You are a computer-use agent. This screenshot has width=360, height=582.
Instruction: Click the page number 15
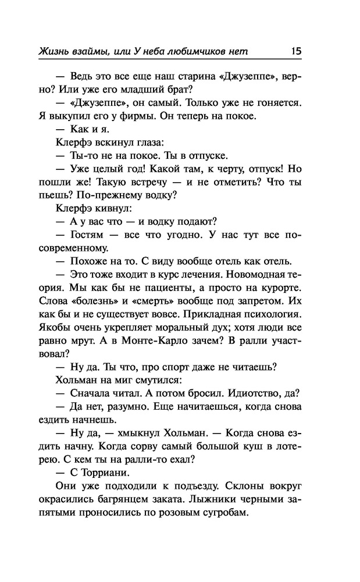pos(295,51)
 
